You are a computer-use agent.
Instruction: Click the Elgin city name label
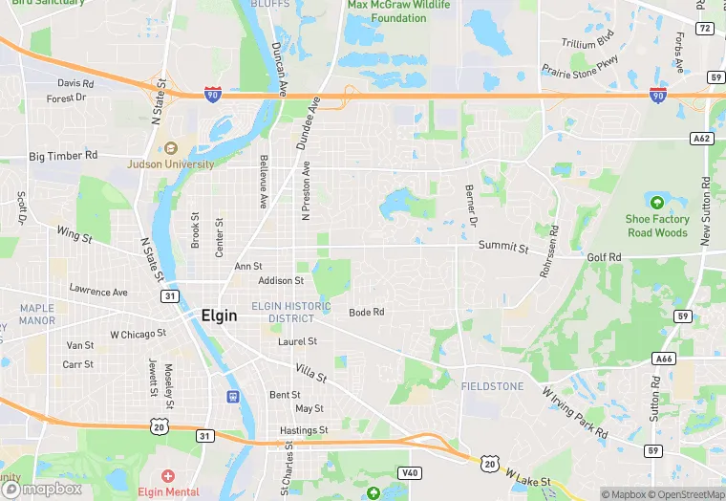pyautogui.click(x=219, y=316)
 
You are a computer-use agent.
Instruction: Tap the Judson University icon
pyautogui.click(x=171, y=148)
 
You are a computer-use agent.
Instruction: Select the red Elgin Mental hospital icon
pyautogui.click(x=168, y=476)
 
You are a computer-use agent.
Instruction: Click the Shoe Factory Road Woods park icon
pyautogui.click(x=656, y=202)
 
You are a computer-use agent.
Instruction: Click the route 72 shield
pyautogui.click(x=704, y=29)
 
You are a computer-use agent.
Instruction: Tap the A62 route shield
pyautogui.click(x=702, y=139)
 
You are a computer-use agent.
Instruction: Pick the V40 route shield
pyautogui.click(x=409, y=473)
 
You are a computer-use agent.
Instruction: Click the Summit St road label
pyautogui.click(x=503, y=247)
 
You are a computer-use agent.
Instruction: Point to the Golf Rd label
pyautogui.click(x=604, y=257)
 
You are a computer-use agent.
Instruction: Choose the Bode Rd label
pyautogui.click(x=366, y=313)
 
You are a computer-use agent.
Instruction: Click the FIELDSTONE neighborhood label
pyautogui.click(x=492, y=386)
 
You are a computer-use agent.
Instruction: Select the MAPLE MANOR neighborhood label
pyautogui.click(x=37, y=315)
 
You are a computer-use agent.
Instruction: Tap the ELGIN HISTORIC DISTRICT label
pyautogui.click(x=290, y=312)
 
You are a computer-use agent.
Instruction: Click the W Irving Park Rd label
pyautogui.click(x=575, y=412)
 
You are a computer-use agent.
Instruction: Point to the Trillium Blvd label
pyautogui.click(x=587, y=43)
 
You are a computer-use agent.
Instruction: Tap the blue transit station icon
pyautogui.click(x=232, y=397)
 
